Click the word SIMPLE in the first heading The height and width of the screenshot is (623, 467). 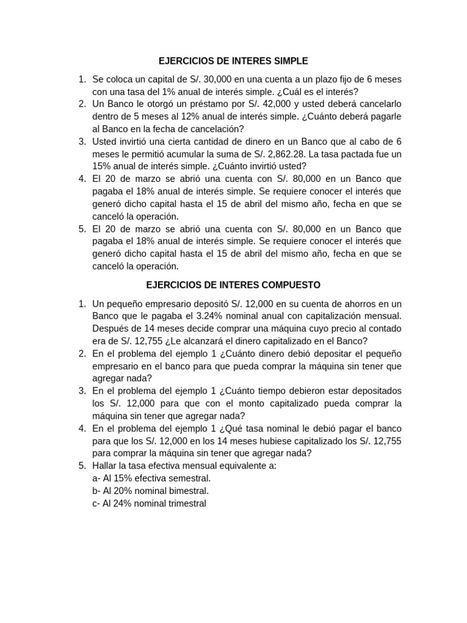pyautogui.click(x=289, y=61)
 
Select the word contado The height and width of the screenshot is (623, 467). pyautogui.click(x=384, y=328)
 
